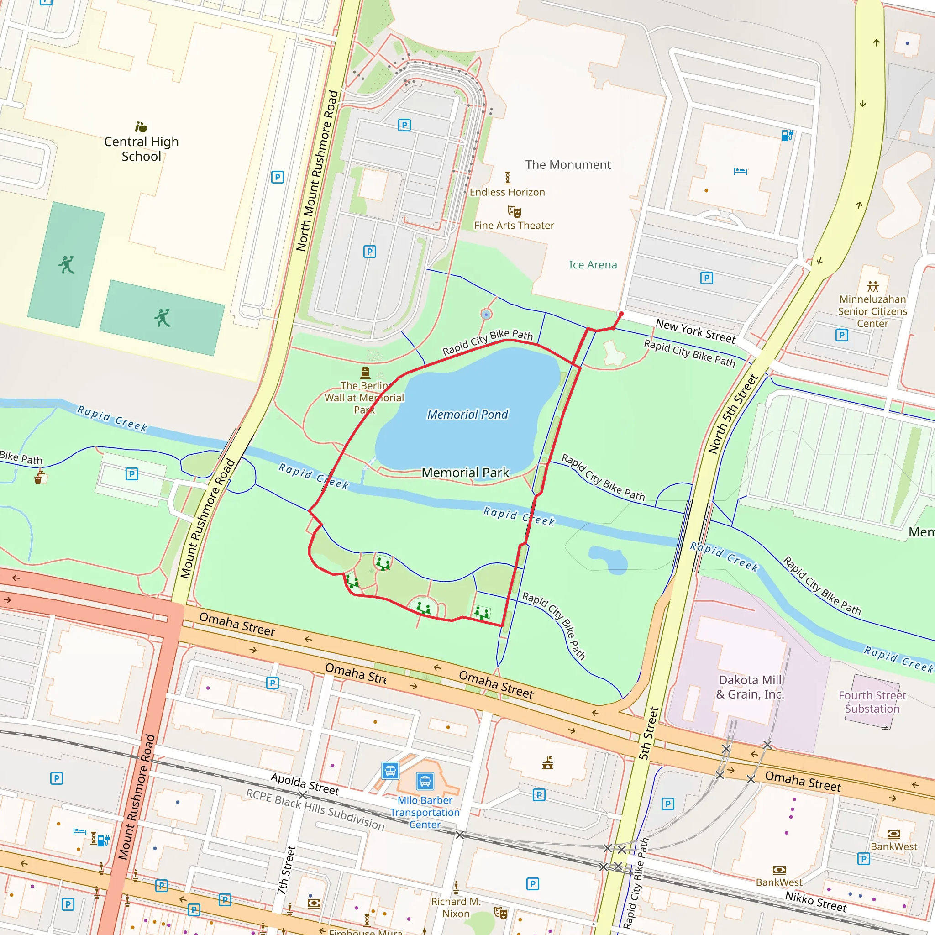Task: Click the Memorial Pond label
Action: point(467,414)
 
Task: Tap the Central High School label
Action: point(142,148)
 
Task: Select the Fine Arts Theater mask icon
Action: point(514,211)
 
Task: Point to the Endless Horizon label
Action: point(507,192)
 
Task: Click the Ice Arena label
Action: point(593,265)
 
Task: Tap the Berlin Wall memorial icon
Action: point(365,372)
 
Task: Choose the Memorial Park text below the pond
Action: point(465,473)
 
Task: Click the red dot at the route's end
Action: point(621,314)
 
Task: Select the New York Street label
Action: point(695,331)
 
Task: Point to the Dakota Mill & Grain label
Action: point(750,687)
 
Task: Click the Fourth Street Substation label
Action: point(872,702)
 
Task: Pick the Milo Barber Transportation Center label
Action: point(425,812)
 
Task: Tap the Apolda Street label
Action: point(305,784)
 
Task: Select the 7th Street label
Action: point(287,870)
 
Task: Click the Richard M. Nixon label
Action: point(456,908)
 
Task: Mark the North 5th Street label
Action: point(733,414)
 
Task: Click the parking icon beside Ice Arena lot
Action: point(707,278)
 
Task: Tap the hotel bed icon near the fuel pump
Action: point(740,171)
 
